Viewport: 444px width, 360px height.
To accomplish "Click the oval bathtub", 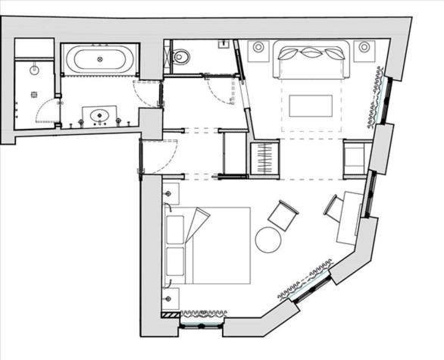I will coord(100,58).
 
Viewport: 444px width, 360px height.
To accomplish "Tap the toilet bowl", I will coord(182,55).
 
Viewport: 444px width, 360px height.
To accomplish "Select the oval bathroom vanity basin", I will coord(98,116).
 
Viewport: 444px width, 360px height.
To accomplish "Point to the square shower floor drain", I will coord(33,95).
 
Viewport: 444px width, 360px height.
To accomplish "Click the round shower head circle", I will coord(33,69).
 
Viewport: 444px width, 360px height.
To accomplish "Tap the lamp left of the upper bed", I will coord(258,47).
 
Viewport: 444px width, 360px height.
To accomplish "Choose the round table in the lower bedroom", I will coord(269,239).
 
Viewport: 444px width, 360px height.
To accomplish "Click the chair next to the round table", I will coord(284,214).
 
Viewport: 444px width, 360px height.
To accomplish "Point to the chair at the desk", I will coord(333,208).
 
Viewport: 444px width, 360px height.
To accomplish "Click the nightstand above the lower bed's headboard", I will coord(170,191).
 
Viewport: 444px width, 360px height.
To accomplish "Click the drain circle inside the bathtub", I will coord(100,58).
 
